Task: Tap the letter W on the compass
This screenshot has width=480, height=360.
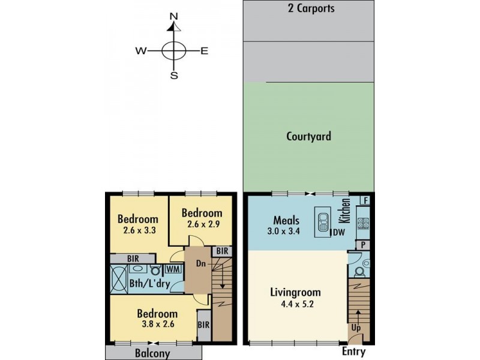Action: click(x=141, y=52)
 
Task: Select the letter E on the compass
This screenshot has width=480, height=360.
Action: click(x=204, y=52)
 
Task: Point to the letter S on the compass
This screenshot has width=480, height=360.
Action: click(x=174, y=75)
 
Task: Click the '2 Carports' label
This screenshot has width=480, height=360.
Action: click(x=310, y=8)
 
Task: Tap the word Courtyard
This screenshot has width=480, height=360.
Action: click(x=308, y=136)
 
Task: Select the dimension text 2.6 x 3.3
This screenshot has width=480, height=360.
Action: click(x=137, y=230)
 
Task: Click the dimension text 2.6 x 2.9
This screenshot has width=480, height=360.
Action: click(x=202, y=224)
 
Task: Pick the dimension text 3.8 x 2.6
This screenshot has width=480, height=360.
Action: click(x=157, y=324)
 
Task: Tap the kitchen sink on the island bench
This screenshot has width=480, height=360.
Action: click(x=322, y=221)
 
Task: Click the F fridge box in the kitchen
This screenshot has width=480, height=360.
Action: click(x=364, y=200)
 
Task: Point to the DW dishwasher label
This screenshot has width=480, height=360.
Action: click(x=338, y=232)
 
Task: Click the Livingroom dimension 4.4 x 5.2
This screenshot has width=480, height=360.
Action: click(x=295, y=304)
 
